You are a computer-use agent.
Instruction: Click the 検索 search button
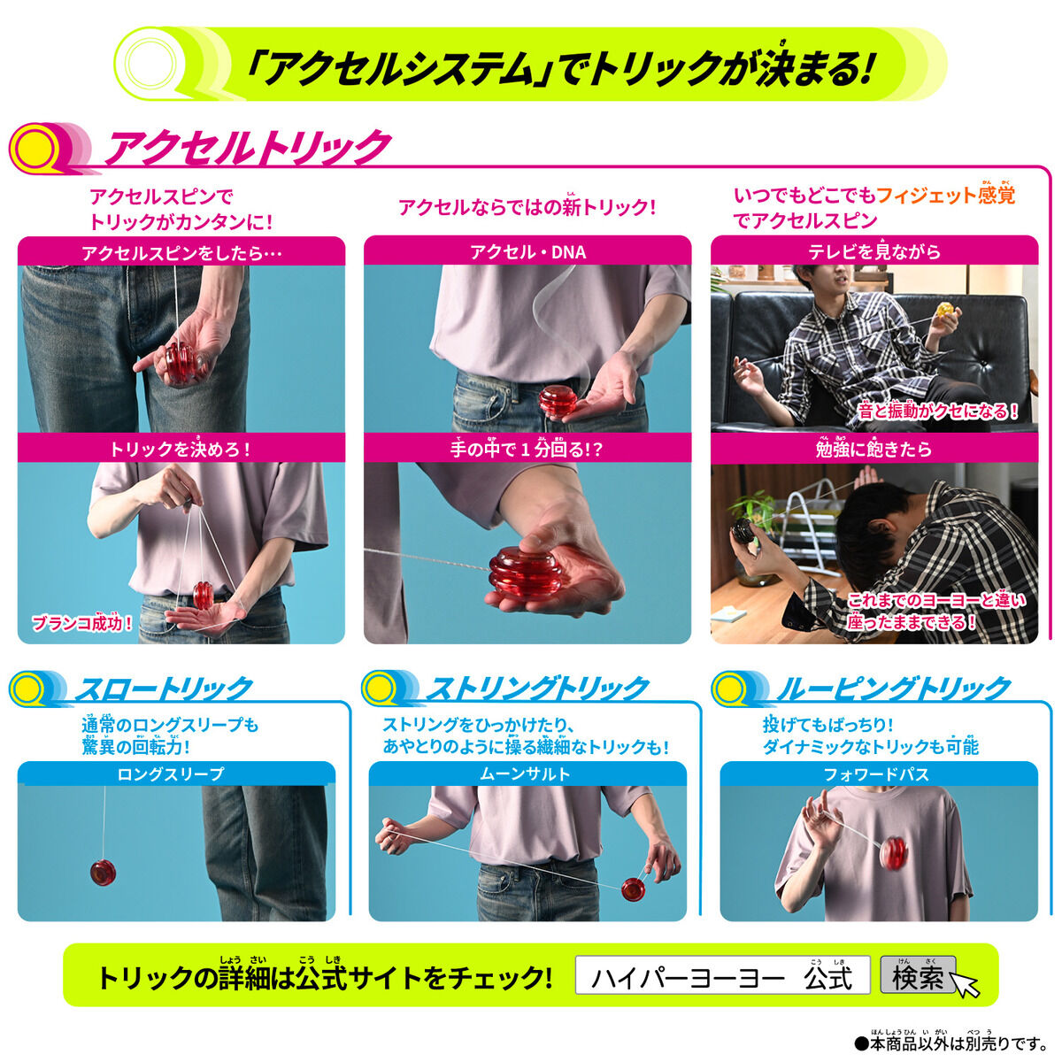pyautogui.click(x=917, y=976)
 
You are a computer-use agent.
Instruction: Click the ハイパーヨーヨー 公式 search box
pyautogui.click(x=721, y=976)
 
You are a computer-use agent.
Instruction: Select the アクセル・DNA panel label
pyautogui.click(x=527, y=251)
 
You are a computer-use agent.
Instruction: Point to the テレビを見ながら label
pyautogui.click(x=873, y=251)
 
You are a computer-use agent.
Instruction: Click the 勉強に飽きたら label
pyautogui.click(x=873, y=450)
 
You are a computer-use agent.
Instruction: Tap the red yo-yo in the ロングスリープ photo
pyautogui.click(x=104, y=871)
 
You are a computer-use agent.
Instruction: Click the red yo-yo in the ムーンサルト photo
pyautogui.click(x=632, y=889)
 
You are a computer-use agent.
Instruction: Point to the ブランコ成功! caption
pyautogui.click(x=83, y=623)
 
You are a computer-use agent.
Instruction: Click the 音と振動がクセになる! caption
pyautogui.click(x=937, y=412)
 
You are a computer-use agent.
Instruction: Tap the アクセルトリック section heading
pyautogui.click(x=248, y=147)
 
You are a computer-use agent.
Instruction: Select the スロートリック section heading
pyautogui.click(x=164, y=688)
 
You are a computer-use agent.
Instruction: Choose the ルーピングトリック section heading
pyautogui.click(x=894, y=688)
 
